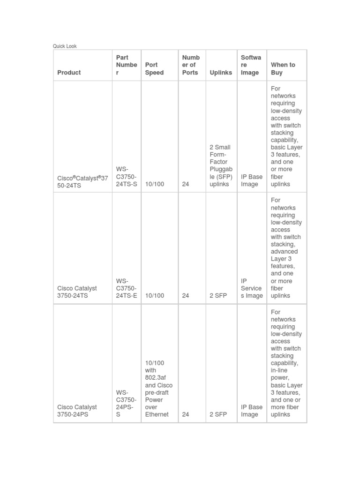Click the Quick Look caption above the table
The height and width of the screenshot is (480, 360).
[x=65, y=46]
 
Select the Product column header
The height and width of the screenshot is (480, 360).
[x=69, y=73]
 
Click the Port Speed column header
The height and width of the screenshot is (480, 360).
[x=154, y=69]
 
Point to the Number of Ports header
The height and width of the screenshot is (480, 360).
[x=191, y=65]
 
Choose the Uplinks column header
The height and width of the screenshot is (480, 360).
[x=221, y=73]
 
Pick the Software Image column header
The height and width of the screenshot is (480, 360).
[x=251, y=65]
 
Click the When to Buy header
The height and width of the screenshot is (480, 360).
[x=283, y=69]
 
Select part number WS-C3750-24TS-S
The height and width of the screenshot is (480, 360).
[x=127, y=177]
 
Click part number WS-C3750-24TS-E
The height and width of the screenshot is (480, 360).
[x=127, y=288]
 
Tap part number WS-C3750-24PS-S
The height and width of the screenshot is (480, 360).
[x=126, y=404]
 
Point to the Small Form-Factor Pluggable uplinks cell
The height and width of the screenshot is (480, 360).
[x=221, y=165]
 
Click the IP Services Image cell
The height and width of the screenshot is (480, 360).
[x=251, y=288]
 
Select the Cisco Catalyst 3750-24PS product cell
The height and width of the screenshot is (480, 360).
[x=77, y=411]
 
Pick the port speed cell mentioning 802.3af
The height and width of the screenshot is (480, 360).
[x=158, y=389]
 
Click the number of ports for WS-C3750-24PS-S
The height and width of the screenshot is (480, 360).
[x=186, y=414]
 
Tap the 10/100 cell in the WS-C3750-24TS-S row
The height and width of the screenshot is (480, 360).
[x=155, y=184]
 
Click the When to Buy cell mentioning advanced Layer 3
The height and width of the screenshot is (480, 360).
[x=286, y=248]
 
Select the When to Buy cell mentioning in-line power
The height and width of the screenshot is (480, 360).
[x=286, y=363]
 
